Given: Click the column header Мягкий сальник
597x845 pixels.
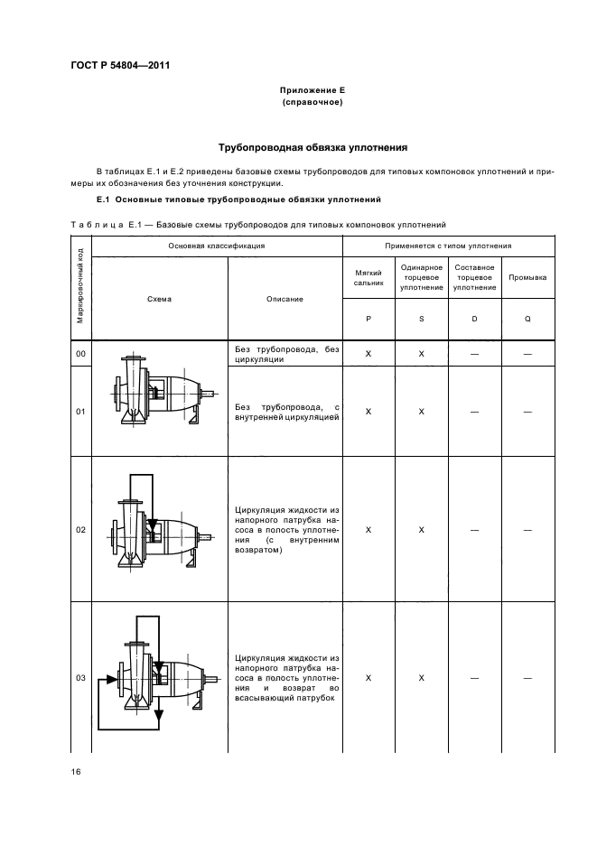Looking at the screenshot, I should [x=368, y=277].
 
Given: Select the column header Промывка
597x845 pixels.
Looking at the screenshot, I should [x=527, y=277].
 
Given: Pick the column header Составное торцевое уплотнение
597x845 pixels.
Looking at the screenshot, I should [x=475, y=277].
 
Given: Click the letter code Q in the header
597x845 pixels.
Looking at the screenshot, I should [x=527, y=320].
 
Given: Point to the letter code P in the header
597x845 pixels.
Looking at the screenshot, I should [x=368, y=320].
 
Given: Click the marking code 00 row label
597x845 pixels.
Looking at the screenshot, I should [x=80, y=354].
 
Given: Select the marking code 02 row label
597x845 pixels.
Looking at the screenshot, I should [x=80, y=530].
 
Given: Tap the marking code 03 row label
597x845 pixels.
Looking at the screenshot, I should [x=80, y=678].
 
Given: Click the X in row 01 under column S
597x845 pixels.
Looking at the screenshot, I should [x=422, y=412].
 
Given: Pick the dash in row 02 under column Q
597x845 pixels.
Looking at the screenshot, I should [x=527, y=530].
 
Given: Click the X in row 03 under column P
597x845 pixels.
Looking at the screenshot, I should [x=368, y=678].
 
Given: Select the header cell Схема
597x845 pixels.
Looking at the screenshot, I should [x=159, y=299].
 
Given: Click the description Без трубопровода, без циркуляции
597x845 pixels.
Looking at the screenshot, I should [x=286, y=354].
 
